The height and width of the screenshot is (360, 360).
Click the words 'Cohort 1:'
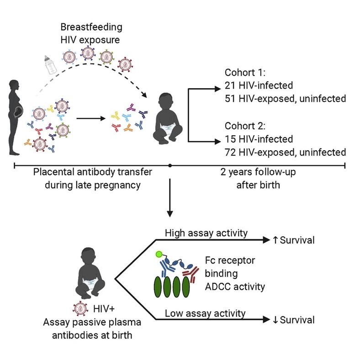coord(242,73)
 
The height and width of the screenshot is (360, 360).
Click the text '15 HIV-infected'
coord(254,139)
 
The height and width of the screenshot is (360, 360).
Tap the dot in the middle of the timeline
coord(170,164)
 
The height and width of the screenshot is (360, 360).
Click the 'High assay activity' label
coord(206,233)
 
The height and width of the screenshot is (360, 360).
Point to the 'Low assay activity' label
coord(205,313)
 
